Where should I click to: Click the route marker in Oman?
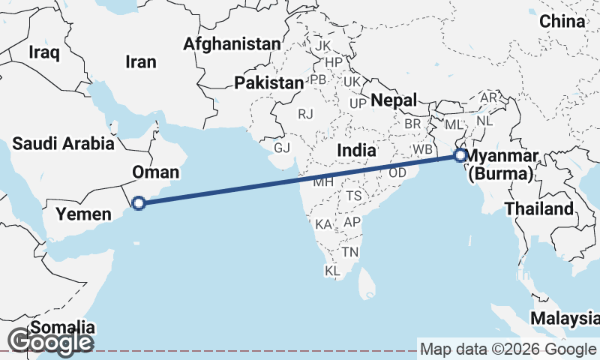coord(138,202)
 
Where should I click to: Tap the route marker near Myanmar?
coord(460,156)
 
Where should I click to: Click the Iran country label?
coord(141,61)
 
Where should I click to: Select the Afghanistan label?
coord(232,43)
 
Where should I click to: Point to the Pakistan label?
coord(268,82)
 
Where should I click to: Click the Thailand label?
coord(539,208)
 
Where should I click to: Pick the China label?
coord(562,22)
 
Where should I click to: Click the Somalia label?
coord(64,328)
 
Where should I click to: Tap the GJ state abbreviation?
coord(282,148)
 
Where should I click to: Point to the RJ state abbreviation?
coord(305,114)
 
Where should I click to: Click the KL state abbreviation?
coord(332,270)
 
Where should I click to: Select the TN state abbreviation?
coord(349,252)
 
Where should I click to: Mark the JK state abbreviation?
coord(323,46)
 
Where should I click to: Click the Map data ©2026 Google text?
coord(508,349)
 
